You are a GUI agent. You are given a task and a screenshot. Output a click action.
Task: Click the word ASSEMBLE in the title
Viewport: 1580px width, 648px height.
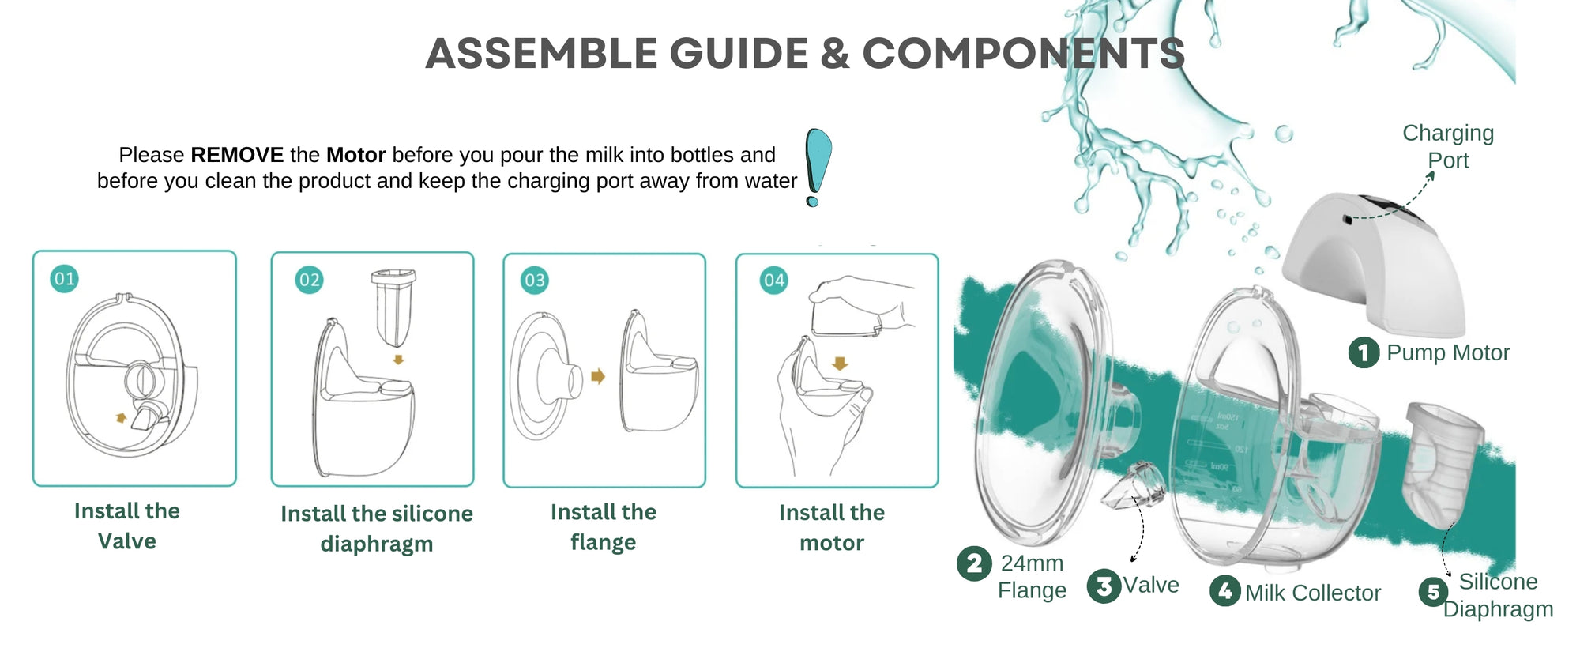(540, 54)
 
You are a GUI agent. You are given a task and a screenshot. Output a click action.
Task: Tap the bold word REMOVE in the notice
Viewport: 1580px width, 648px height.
(237, 155)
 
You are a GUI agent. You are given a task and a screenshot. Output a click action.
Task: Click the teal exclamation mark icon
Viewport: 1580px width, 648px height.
(817, 166)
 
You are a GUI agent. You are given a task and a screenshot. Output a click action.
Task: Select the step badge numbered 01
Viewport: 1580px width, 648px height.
(64, 279)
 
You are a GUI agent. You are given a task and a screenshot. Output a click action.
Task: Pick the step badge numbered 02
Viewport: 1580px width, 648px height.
(309, 281)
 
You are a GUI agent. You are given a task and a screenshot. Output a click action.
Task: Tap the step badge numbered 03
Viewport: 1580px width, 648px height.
(535, 281)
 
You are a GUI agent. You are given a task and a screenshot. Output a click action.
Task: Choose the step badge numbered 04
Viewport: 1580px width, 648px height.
(773, 281)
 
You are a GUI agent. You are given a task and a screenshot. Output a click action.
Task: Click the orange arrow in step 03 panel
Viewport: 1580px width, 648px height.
(598, 376)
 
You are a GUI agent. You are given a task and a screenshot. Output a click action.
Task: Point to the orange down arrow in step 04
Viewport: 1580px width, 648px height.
(840, 364)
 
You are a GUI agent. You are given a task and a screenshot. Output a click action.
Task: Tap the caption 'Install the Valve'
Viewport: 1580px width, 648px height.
(127, 526)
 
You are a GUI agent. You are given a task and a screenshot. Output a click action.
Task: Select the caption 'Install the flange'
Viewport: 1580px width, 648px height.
(604, 527)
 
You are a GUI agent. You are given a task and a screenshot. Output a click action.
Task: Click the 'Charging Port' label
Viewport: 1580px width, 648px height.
(1447, 146)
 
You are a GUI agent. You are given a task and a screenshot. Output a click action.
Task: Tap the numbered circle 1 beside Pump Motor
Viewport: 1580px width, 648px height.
(1364, 352)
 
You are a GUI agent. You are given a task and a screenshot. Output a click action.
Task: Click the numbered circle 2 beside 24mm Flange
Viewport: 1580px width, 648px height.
(974, 563)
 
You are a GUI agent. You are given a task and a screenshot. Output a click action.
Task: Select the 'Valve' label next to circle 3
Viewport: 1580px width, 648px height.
(1151, 585)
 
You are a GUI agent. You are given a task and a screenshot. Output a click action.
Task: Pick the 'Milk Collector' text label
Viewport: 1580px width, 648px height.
(1312, 593)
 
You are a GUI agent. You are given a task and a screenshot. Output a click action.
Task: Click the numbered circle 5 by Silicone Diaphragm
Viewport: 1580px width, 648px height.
(1433, 592)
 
